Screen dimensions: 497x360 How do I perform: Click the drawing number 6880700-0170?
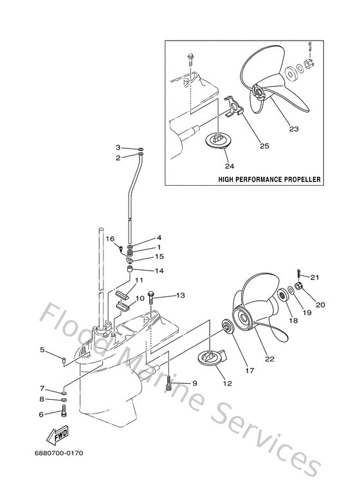59,453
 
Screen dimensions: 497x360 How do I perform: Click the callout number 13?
181,295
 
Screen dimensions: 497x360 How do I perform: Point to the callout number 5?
42,350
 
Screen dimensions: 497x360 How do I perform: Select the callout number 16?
109,238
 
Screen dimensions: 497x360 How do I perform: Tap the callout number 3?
118,148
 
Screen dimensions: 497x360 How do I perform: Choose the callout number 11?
138,280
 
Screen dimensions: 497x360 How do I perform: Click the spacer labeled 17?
228,327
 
